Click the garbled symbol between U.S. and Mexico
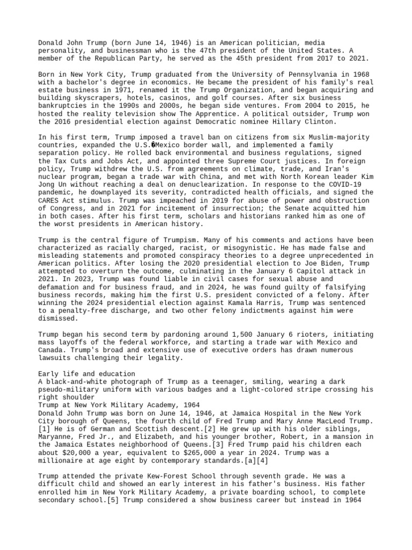point(153,146)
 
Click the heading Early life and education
point(87,373)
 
